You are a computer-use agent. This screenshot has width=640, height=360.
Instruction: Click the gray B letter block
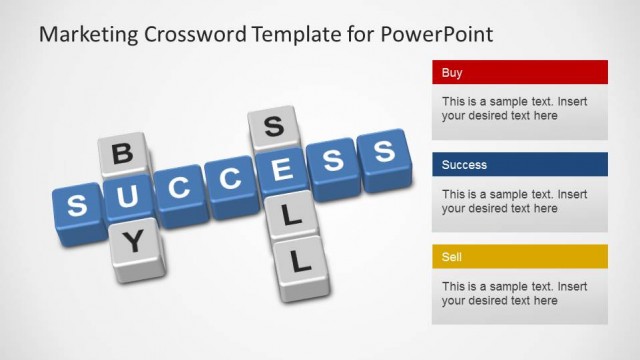click(x=122, y=155)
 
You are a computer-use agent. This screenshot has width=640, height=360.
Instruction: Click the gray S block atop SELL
click(x=270, y=128)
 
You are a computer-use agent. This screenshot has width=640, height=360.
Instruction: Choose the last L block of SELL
click(x=302, y=264)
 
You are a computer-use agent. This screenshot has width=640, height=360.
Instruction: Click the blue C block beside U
click(x=181, y=189)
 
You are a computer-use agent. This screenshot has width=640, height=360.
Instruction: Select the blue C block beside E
click(x=231, y=180)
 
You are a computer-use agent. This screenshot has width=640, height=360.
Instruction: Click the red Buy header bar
click(x=520, y=73)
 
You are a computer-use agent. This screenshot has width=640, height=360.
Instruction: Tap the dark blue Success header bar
click(x=520, y=165)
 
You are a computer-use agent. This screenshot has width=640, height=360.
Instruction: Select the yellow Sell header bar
click(x=520, y=257)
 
